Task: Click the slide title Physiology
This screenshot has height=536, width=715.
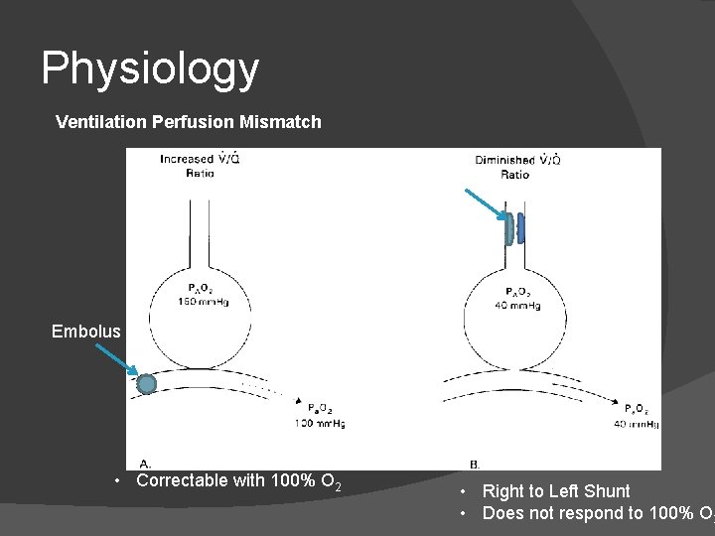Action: (x=150, y=69)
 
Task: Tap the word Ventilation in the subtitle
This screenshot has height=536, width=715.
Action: (x=100, y=122)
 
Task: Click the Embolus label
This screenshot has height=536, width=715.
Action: (x=85, y=332)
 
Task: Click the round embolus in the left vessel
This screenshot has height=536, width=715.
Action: (x=147, y=383)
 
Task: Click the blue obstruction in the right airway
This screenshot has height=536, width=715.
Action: (x=512, y=228)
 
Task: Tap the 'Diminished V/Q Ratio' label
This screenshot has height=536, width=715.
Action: (x=514, y=167)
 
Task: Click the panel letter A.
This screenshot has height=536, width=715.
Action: (x=145, y=463)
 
